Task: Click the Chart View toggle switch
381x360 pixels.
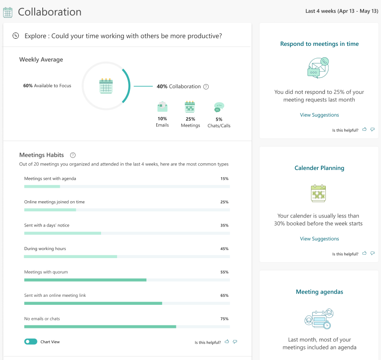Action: click(x=31, y=342)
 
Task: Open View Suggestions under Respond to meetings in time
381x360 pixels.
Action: click(x=319, y=115)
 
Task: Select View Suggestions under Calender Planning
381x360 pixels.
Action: click(x=319, y=239)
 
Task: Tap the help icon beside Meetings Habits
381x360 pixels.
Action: click(x=73, y=155)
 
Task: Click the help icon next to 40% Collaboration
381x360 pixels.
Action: click(x=206, y=87)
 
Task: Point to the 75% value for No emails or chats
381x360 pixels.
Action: click(x=224, y=319)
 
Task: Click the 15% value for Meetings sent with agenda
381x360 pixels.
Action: click(x=224, y=179)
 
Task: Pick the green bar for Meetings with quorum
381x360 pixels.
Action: click(x=85, y=280)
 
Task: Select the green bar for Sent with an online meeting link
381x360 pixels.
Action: click(x=93, y=303)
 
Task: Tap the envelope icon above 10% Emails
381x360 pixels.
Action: click(x=162, y=107)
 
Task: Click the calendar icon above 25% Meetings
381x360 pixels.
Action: click(x=190, y=107)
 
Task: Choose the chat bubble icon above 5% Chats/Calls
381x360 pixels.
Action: click(x=219, y=107)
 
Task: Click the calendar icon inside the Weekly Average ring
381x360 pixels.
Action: click(x=106, y=86)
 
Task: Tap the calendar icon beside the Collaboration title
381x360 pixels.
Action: click(x=8, y=12)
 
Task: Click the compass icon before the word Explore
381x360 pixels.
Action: click(x=16, y=36)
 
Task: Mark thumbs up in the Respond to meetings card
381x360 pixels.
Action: click(x=365, y=129)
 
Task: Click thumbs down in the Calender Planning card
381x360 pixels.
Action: click(x=373, y=253)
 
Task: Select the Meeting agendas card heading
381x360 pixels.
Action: click(x=319, y=292)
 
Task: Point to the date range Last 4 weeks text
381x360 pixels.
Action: click(x=341, y=12)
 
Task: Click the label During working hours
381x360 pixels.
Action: click(x=45, y=249)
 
